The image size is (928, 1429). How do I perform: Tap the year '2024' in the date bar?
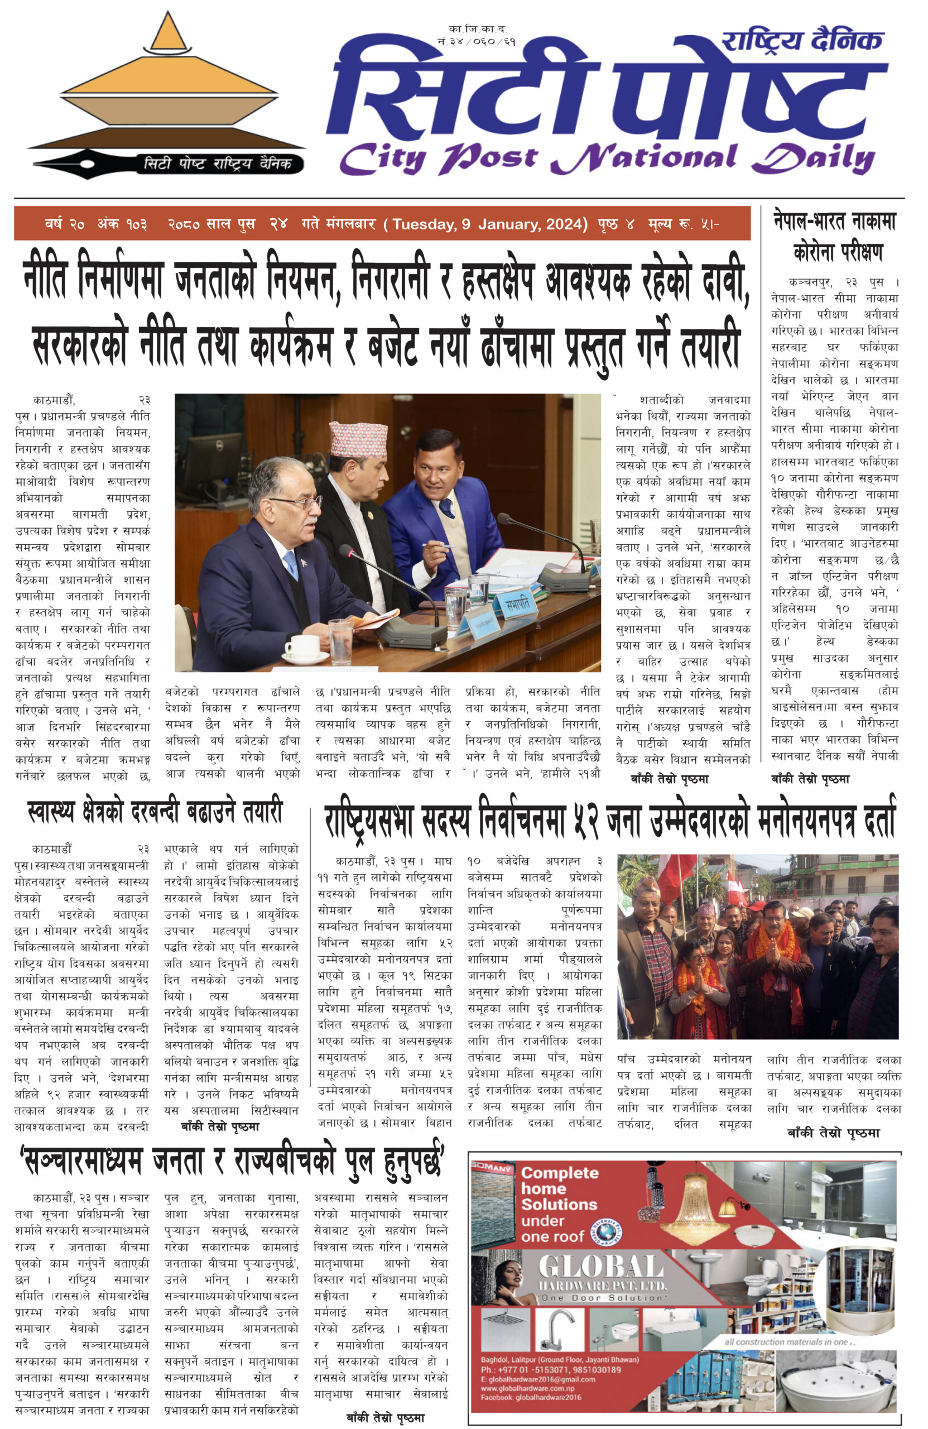pyautogui.click(x=564, y=224)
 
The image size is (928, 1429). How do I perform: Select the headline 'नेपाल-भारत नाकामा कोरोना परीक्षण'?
pyautogui.click(x=834, y=237)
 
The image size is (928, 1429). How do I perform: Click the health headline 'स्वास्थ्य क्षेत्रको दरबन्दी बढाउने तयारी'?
pyautogui.click(x=155, y=812)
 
